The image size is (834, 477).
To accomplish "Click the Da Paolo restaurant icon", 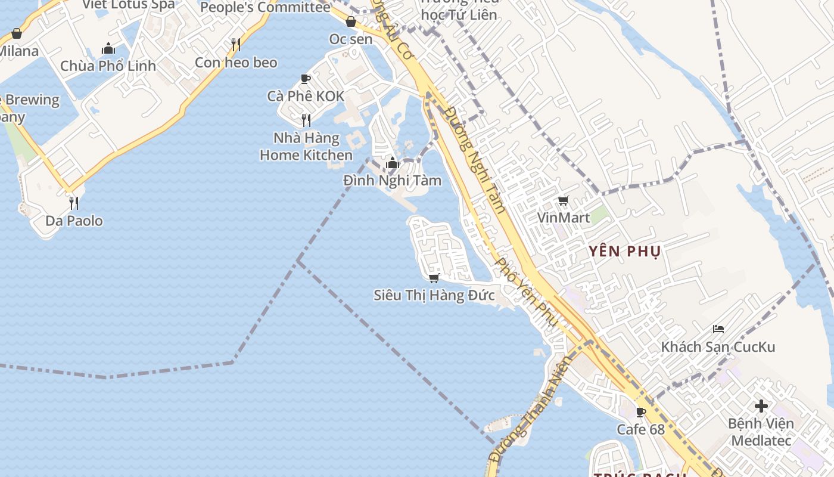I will (74, 203).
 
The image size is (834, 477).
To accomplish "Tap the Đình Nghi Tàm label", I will (393, 180).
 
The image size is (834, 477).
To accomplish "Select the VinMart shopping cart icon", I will (563, 201).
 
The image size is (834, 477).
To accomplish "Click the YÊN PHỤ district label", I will (625, 251).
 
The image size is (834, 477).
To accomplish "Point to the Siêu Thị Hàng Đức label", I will (434, 295).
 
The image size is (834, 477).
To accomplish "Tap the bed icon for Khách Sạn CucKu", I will (718, 329).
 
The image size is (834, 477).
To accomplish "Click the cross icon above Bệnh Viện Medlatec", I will (761, 406).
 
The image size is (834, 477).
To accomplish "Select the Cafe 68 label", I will (640, 429).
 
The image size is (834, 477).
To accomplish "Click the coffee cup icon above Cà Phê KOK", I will (306, 79).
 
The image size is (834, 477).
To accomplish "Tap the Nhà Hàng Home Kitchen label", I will (306, 147).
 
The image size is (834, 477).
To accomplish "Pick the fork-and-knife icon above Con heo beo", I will (236, 45).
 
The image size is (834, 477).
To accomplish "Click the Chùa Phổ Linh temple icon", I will (108, 48).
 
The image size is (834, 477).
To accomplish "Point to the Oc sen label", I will (351, 39).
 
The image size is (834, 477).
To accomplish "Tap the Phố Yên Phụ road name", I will (527, 292).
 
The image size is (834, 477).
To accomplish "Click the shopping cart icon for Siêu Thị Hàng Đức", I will (434, 278).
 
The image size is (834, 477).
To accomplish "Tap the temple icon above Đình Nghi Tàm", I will (392, 163).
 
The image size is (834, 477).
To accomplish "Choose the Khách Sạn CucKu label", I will (718, 346).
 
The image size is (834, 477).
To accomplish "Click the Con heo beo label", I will (236, 62).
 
